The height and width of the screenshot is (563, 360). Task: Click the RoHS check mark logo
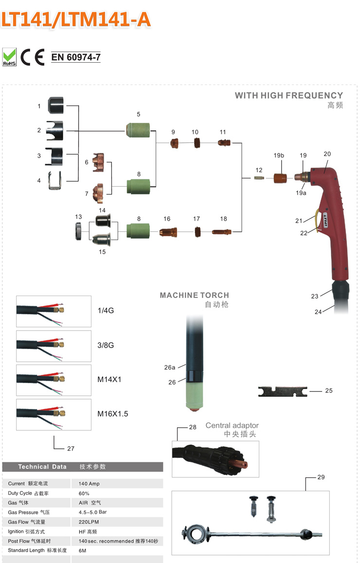(10, 56)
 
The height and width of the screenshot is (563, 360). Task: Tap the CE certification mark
(33, 57)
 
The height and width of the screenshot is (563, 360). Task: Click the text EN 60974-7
(76, 57)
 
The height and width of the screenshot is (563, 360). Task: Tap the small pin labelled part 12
(259, 178)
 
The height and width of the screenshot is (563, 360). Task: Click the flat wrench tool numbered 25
(282, 391)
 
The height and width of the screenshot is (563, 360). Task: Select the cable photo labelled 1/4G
(54, 311)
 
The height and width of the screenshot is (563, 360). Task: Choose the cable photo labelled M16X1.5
(54, 415)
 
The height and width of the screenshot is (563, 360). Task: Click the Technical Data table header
(42, 467)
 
